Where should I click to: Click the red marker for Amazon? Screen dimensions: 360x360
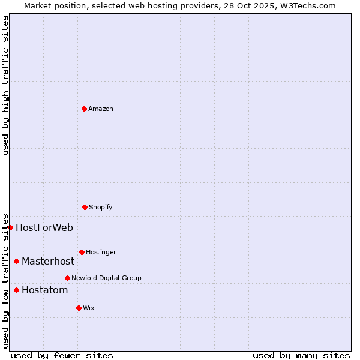tap(84, 109)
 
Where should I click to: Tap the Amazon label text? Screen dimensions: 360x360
tap(101, 109)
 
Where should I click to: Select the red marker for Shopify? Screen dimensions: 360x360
tap(85, 207)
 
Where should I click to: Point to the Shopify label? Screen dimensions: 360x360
tap(101, 207)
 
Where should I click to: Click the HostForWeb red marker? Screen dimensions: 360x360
tap(10, 227)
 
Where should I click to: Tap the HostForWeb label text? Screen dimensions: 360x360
tap(44, 227)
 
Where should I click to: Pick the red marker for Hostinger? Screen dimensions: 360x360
tap(82, 252)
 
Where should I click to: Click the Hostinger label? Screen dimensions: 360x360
tap(101, 252)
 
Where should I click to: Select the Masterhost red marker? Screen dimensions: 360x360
tap(16, 261)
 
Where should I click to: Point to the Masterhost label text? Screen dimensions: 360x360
tap(48, 261)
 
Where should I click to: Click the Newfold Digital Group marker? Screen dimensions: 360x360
tap(67, 278)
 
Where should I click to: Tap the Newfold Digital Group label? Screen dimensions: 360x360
tap(106, 278)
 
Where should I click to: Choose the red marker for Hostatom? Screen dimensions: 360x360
tap(16, 290)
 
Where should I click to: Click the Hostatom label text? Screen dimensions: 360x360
tap(44, 290)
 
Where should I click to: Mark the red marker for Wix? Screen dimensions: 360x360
tap(79, 308)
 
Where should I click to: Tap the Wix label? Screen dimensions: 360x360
tap(89, 308)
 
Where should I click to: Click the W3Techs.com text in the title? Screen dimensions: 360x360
tap(308, 5)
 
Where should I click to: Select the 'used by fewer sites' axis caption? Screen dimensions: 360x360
tap(62, 355)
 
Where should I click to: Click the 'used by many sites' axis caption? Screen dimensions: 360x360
tap(301, 355)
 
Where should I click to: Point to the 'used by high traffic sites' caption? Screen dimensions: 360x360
tap(5, 85)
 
